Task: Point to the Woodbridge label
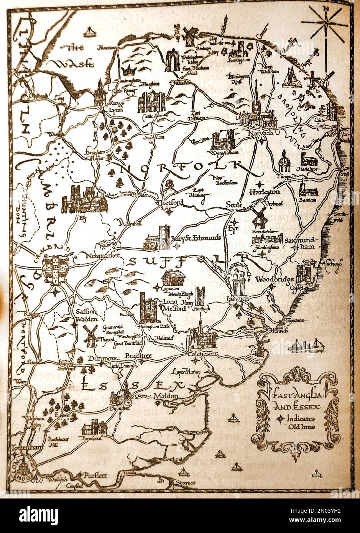[269, 279]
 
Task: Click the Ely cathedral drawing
[85, 199]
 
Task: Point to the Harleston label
[265, 191]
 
